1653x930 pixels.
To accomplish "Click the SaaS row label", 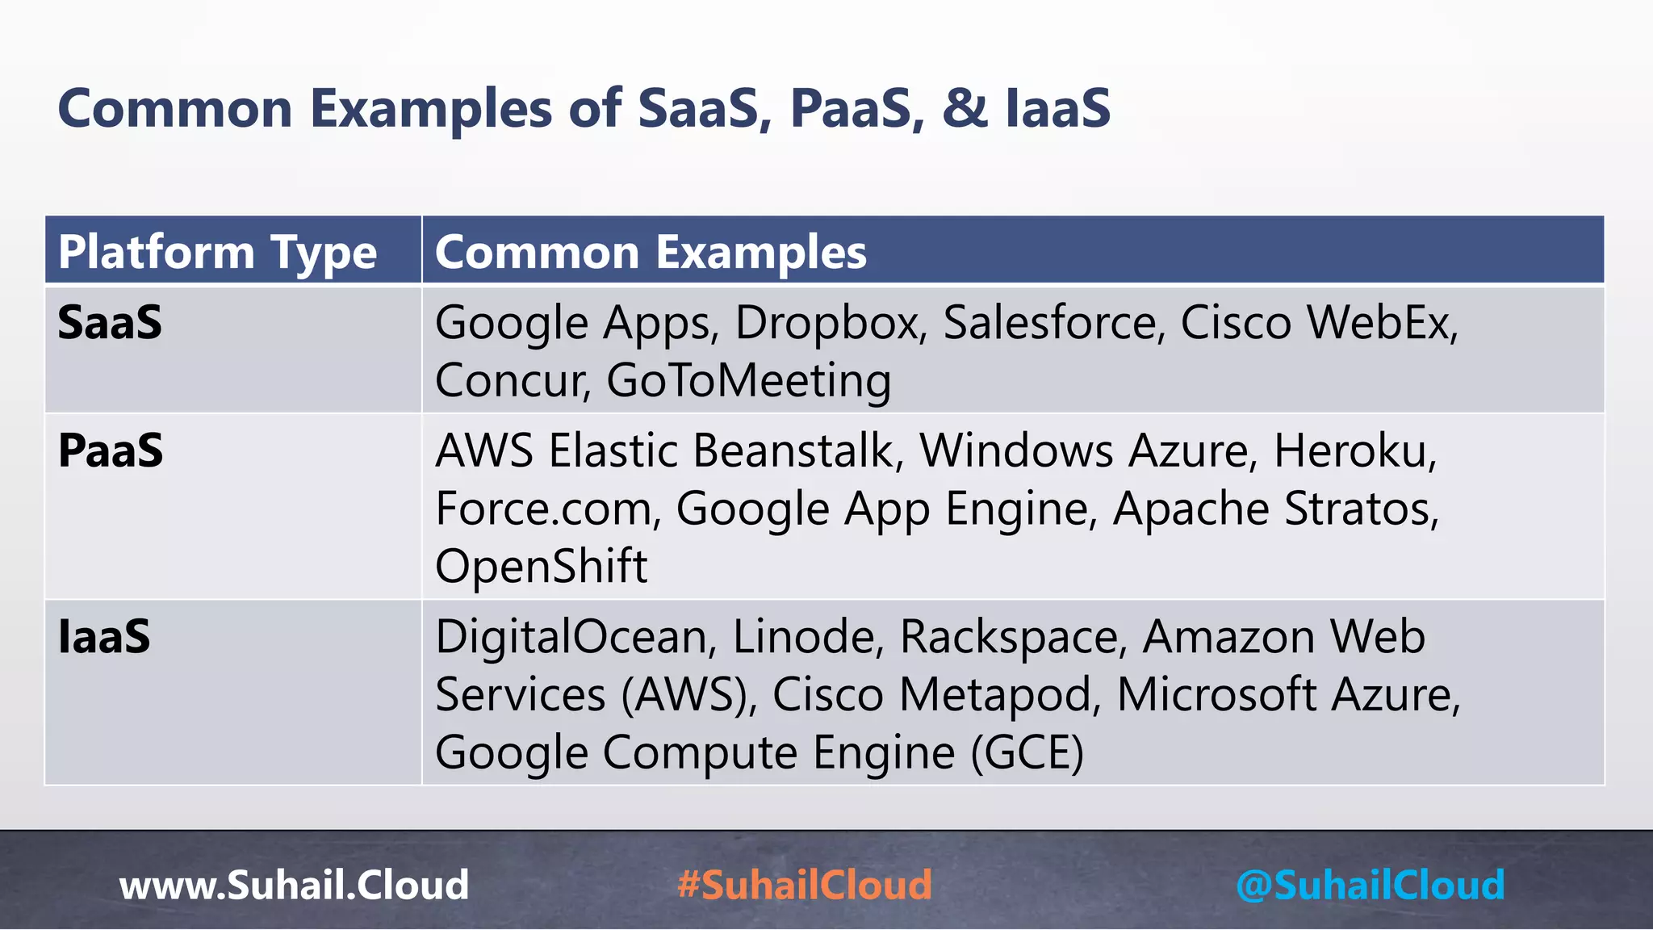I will click(x=110, y=323).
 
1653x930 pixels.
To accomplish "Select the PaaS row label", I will click(x=111, y=450).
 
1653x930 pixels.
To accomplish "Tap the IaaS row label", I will click(x=104, y=637).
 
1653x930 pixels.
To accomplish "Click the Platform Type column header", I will click(x=217, y=252).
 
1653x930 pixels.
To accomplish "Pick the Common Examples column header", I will click(x=651, y=252).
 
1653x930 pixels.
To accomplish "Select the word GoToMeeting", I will click(x=748, y=381).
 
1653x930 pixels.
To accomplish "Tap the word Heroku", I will click(x=1354, y=450).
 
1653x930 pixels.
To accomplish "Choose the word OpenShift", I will click(x=541, y=566).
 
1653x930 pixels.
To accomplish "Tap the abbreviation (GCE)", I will click(x=1027, y=752).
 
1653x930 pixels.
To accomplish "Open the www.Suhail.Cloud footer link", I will click(x=294, y=885).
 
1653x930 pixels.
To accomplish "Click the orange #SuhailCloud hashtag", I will click(x=805, y=885).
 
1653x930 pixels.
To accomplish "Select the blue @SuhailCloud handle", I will click(x=1370, y=885).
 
